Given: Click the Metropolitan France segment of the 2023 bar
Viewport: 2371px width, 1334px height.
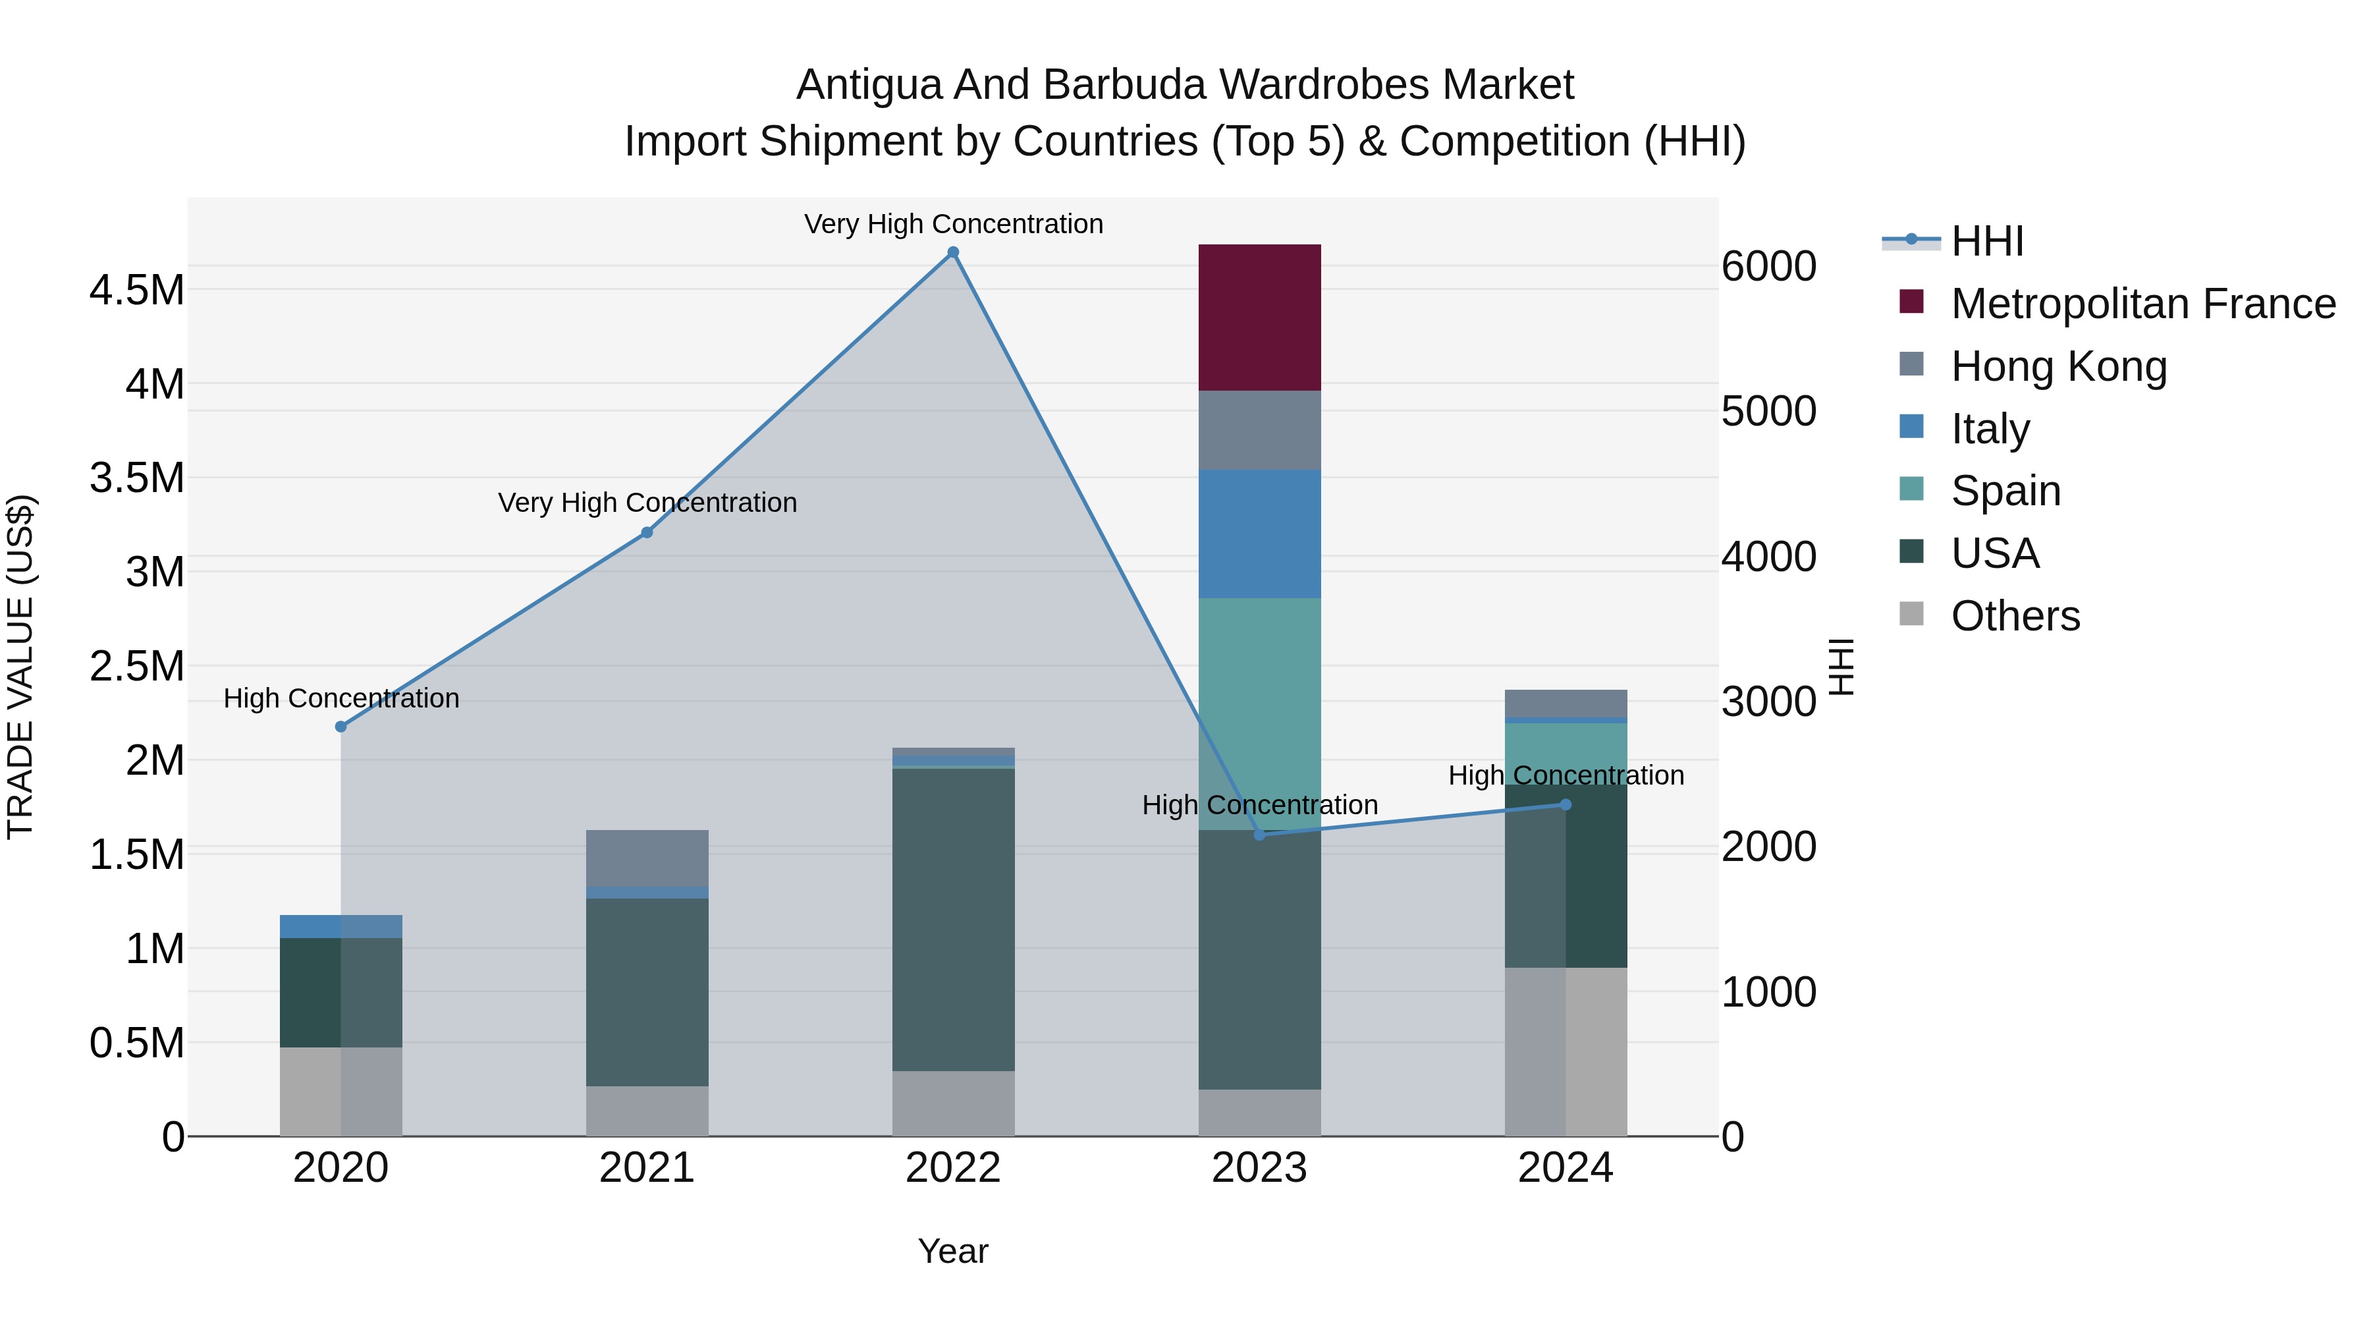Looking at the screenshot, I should click(x=1259, y=318).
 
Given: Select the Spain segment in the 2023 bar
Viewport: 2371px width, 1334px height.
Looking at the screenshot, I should click(x=1259, y=713).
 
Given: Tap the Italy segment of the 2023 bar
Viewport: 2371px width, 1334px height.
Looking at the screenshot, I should click(x=1259, y=534).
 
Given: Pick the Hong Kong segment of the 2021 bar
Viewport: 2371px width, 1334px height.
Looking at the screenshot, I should click(x=647, y=858).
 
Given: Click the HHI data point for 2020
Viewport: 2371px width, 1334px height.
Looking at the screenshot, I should click(x=341, y=727).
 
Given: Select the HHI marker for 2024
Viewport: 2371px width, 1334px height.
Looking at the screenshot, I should click(x=1566, y=804).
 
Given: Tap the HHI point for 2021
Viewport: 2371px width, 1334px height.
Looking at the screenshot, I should click(x=647, y=532).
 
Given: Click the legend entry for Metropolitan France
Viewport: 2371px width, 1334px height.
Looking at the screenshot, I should click(x=2142, y=304).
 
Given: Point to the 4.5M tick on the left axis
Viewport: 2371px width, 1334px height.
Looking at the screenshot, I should click(x=137, y=290).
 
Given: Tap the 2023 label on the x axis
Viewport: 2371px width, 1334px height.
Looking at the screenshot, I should click(x=1259, y=1168).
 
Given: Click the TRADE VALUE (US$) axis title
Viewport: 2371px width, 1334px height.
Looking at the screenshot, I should click(x=20, y=667).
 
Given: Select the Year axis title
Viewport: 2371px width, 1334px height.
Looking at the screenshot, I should click(x=952, y=1251).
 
